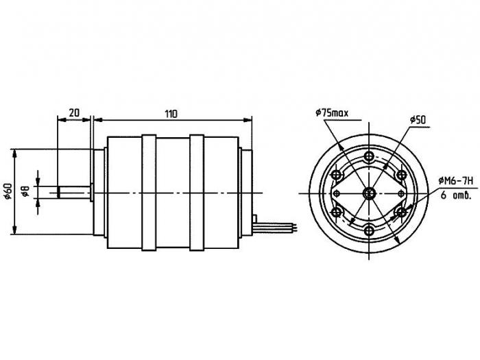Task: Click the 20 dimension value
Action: [x=74, y=113]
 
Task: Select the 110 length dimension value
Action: [x=171, y=114]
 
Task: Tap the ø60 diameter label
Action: [x=8, y=191]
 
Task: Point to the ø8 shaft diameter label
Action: [x=26, y=191]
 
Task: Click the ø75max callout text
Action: [x=332, y=113]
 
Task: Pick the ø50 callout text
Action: [x=418, y=120]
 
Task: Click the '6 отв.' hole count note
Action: [x=455, y=195]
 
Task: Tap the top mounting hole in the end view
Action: [x=369, y=156]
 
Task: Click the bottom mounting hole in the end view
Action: [x=369, y=230]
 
